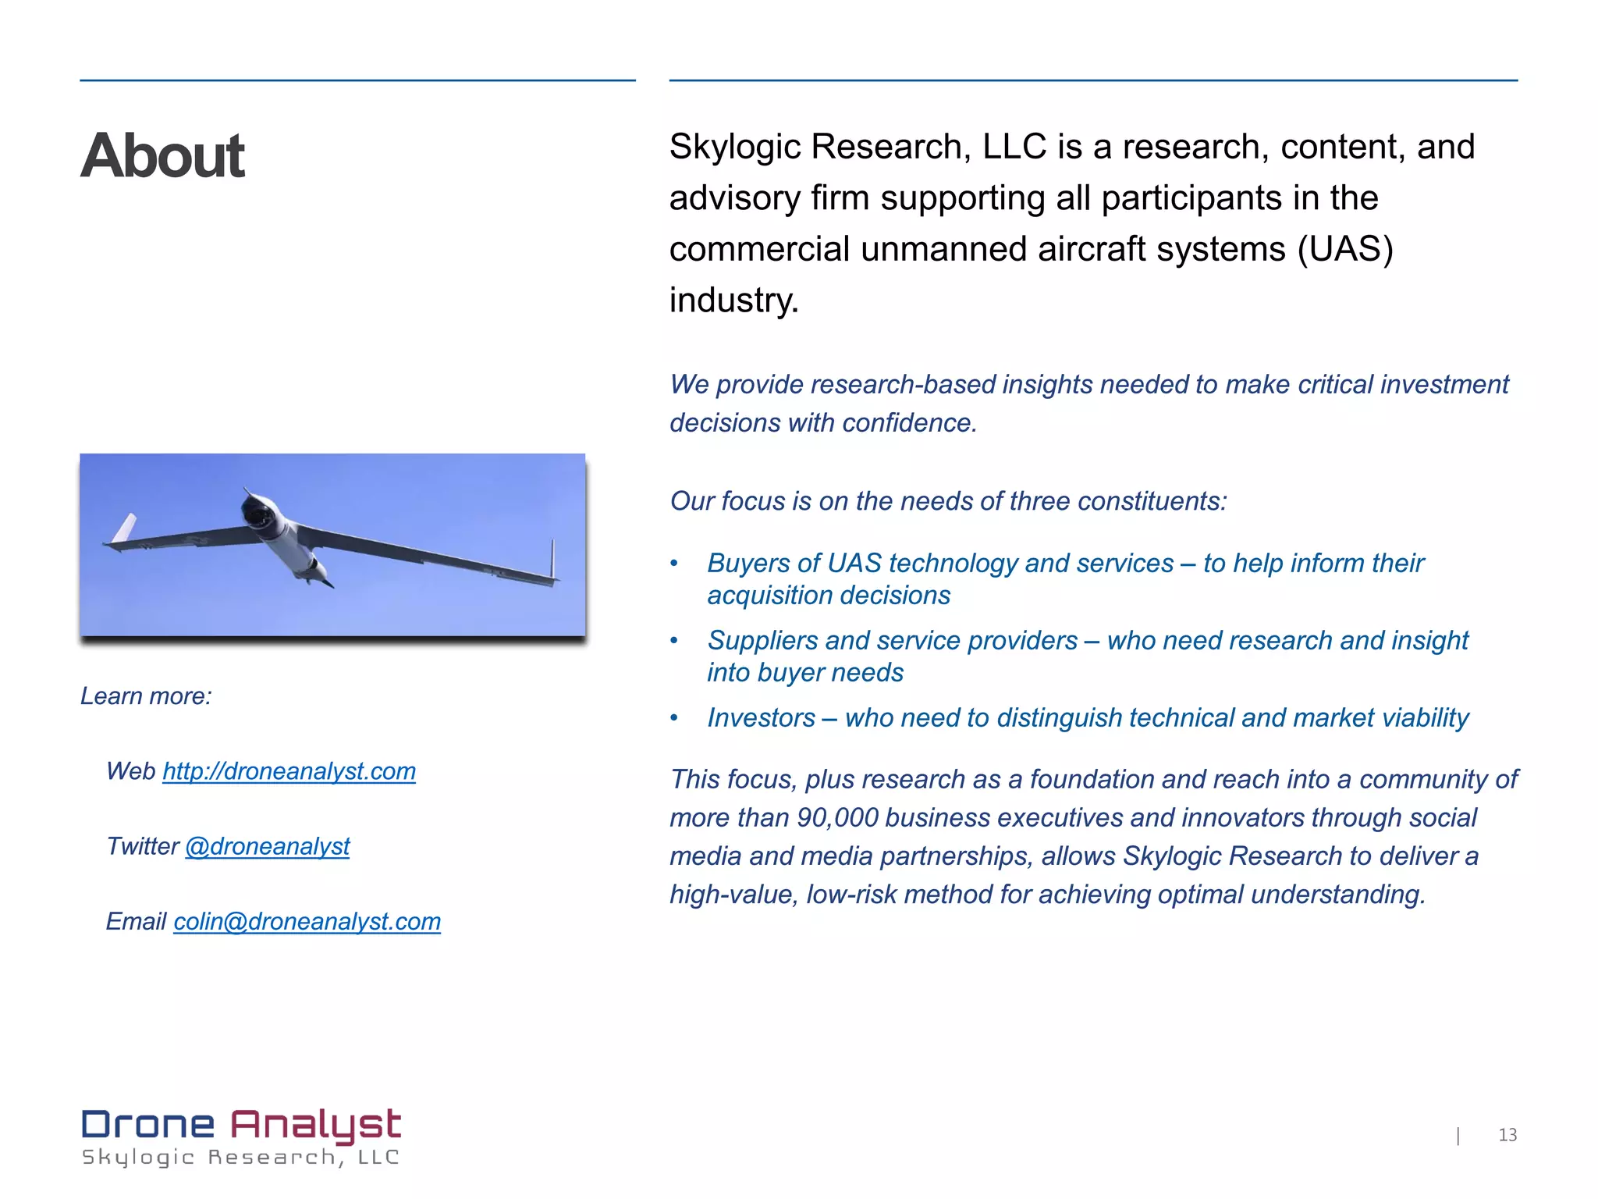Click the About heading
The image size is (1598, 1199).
pyautogui.click(x=162, y=155)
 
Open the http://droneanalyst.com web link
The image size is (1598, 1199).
pyautogui.click(x=289, y=771)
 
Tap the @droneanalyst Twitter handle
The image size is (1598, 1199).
pyautogui.click(x=267, y=846)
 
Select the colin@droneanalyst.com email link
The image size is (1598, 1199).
pyautogui.click(x=307, y=922)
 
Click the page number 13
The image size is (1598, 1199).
pyautogui.click(x=1507, y=1135)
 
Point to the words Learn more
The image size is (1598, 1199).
pyautogui.click(x=146, y=696)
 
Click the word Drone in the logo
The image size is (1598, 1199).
pyautogui.click(x=148, y=1125)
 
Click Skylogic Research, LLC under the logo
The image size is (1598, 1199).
pyautogui.click(x=240, y=1158)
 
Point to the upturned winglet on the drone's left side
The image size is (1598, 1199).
pyautogui.click(x=125, y=528)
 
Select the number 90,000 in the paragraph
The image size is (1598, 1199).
pyautogui.click(x=837, y=818)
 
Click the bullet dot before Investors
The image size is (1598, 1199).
pyautogui.click(x=674, y=718)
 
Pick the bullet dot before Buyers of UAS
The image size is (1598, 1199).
pyautogui.click(x=674, y=564)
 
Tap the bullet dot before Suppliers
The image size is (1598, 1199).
pyautogui.click(x=674, y=641)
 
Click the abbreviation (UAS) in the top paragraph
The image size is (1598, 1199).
pyautogui.click(x=1344, y=250)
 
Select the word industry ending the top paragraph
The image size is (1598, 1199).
pyautogui.click(x=733, y=301)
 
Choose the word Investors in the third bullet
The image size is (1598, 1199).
pyautogui.click(x=761, y=718)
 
